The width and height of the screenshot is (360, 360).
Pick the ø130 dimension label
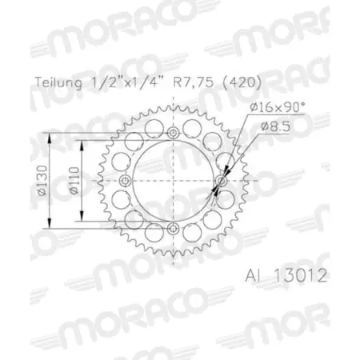tap(52, 180)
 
